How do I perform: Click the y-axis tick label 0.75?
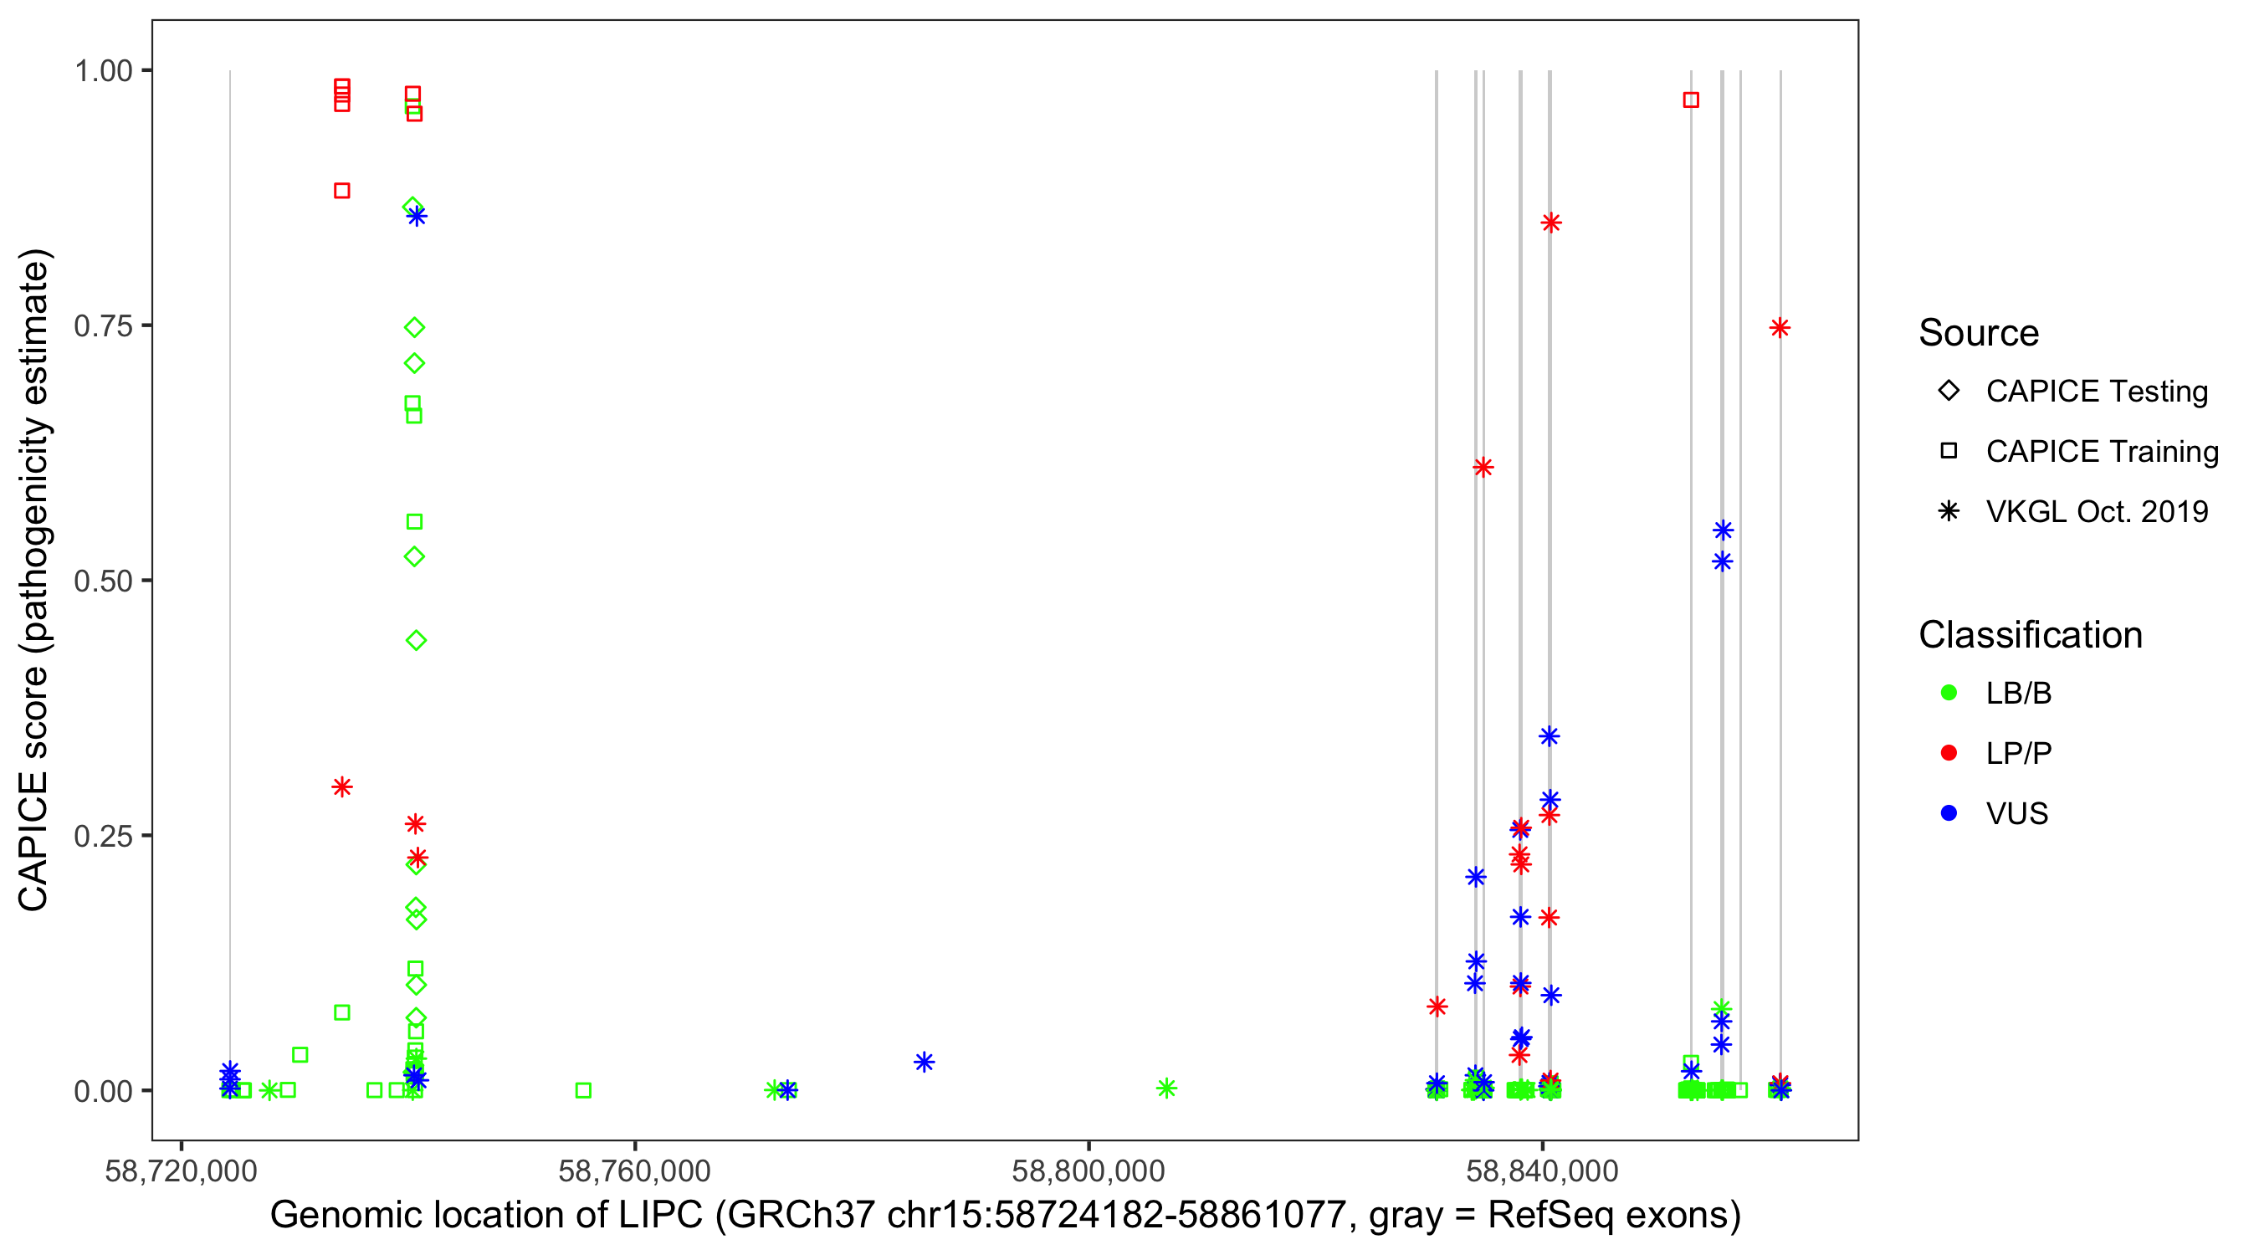[102, 325]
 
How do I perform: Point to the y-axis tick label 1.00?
[102, 70]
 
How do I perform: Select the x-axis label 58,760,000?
[634, 1170]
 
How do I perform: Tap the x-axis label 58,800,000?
[1088, 1170]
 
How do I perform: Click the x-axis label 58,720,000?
[181, 1170]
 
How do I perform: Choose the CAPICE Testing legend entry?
[2096, 392]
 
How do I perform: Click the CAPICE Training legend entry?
[2101, 452]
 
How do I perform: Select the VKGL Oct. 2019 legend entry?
[2096, 511]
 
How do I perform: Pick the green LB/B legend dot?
[1949, 693]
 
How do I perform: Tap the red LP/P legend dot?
[1949, 753]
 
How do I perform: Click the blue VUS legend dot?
[1949, 813]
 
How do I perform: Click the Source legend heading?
[1979, 333]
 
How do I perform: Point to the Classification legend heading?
[2030, 635]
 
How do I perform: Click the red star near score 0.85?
[1550, 223]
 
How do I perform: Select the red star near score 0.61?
[1483, 468]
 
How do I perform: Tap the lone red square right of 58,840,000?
[1691, 100]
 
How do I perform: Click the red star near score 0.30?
[342, 786]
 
